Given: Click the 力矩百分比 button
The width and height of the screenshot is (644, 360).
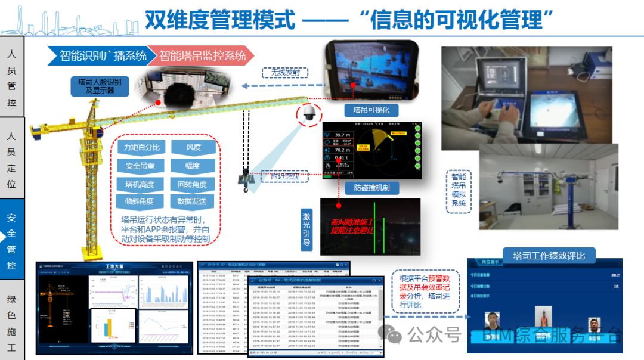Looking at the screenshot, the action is [x=141, y=147].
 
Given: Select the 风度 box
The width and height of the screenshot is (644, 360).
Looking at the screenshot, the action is [x=193, y=147].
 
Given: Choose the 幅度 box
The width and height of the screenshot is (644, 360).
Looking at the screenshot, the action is [x=193, y=166].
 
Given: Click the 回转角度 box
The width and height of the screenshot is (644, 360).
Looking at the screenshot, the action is [x=193, y=184].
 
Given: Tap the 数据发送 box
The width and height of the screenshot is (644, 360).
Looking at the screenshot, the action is [x=193, y=202].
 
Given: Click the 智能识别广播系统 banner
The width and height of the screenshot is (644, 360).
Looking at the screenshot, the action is [x=98, y=56].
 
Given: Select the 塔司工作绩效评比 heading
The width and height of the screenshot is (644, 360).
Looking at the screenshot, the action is [x=549, y=256].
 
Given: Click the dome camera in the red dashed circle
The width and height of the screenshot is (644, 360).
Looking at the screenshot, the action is [x=309, y=115].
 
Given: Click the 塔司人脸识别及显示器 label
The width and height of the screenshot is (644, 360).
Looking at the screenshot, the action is [x=100, y=86].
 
